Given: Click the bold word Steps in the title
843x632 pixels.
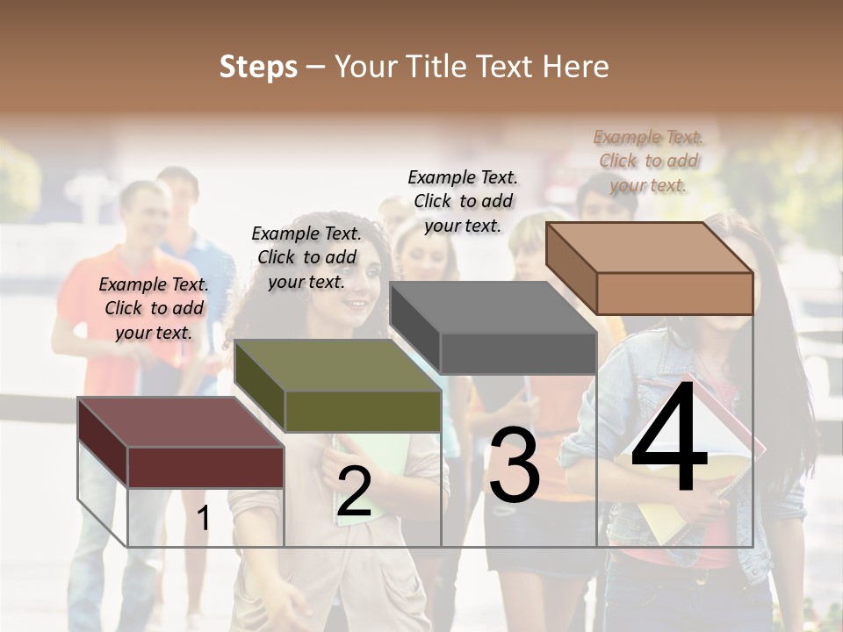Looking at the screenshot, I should (x=258, y=67).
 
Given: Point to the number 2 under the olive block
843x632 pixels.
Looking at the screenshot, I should (x=354, y=492).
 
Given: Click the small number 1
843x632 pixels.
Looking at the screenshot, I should (x=204, y=519).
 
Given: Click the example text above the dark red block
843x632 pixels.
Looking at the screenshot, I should (x=154, y=308).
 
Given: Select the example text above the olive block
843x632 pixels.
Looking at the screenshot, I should (x=306, y=257).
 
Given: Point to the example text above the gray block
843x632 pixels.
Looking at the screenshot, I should (x=463, y=201).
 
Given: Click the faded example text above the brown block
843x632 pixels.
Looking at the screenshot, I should (x=648, y=161).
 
